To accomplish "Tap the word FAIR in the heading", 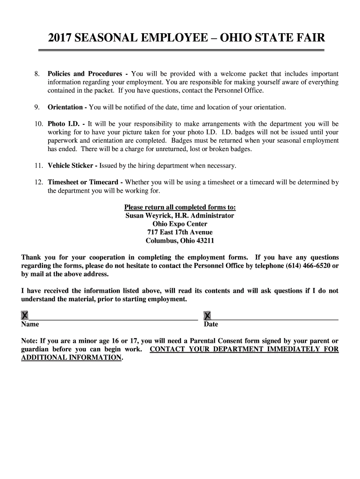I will point(308,38).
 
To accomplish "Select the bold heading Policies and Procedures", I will point(85,74).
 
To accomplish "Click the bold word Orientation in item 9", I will point(65,107).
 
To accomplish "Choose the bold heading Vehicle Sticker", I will point(70,166).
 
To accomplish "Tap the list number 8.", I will point(37,74).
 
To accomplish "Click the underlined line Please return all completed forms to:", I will point(180,207).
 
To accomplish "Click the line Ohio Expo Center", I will point(180,224).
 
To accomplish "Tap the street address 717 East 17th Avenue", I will point(180,232).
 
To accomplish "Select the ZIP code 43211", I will point(205,241).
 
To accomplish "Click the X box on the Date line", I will point(207,316).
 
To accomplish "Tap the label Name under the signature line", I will point(30,324).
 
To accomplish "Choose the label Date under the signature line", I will point(211,324).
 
